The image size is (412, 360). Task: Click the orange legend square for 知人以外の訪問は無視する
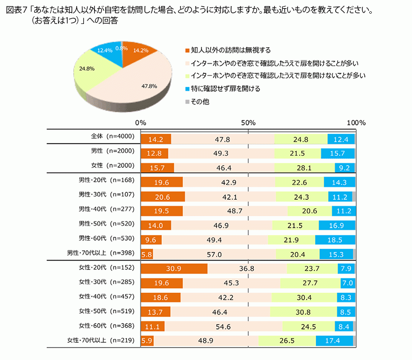pos(187,50)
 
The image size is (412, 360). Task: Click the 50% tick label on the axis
pos(248,123)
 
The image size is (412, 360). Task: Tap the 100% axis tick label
pos(356,123)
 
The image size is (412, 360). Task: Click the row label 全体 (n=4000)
pos(109,136)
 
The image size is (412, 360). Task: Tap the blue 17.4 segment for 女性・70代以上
pos(335,340)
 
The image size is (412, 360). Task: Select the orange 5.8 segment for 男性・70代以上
pos(146,254)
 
